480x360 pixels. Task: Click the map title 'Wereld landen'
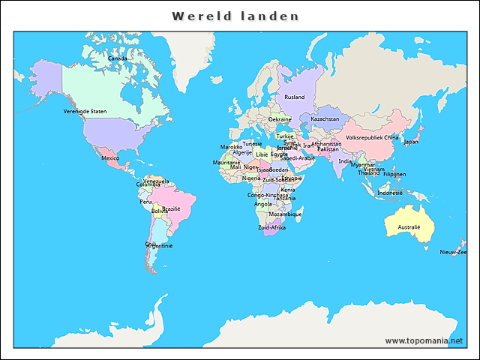[235, 16]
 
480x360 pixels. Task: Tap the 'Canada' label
[117, 58]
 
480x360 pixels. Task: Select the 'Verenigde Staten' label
[85, 111]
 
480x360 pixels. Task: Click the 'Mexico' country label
[110, 158]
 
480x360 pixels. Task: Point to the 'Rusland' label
[295, 97]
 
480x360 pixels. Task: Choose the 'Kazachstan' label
[325, 118]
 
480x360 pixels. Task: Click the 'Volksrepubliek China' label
[372, 137]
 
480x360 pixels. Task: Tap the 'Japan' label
[411, 141]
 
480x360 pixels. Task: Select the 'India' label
[344, 160]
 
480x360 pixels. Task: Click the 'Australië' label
[409, 226]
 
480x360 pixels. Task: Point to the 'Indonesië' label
[390, 193]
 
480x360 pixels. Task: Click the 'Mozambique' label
[285, 214]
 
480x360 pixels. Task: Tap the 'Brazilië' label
[172, 208]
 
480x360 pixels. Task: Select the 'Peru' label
[145, 201]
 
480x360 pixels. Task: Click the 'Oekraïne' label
[280, 119]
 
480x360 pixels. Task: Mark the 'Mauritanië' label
[226, 162]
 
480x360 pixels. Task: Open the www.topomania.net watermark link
[424, 340]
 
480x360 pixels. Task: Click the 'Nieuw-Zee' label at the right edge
[453, 252]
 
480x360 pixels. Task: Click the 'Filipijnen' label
[394, 174]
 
